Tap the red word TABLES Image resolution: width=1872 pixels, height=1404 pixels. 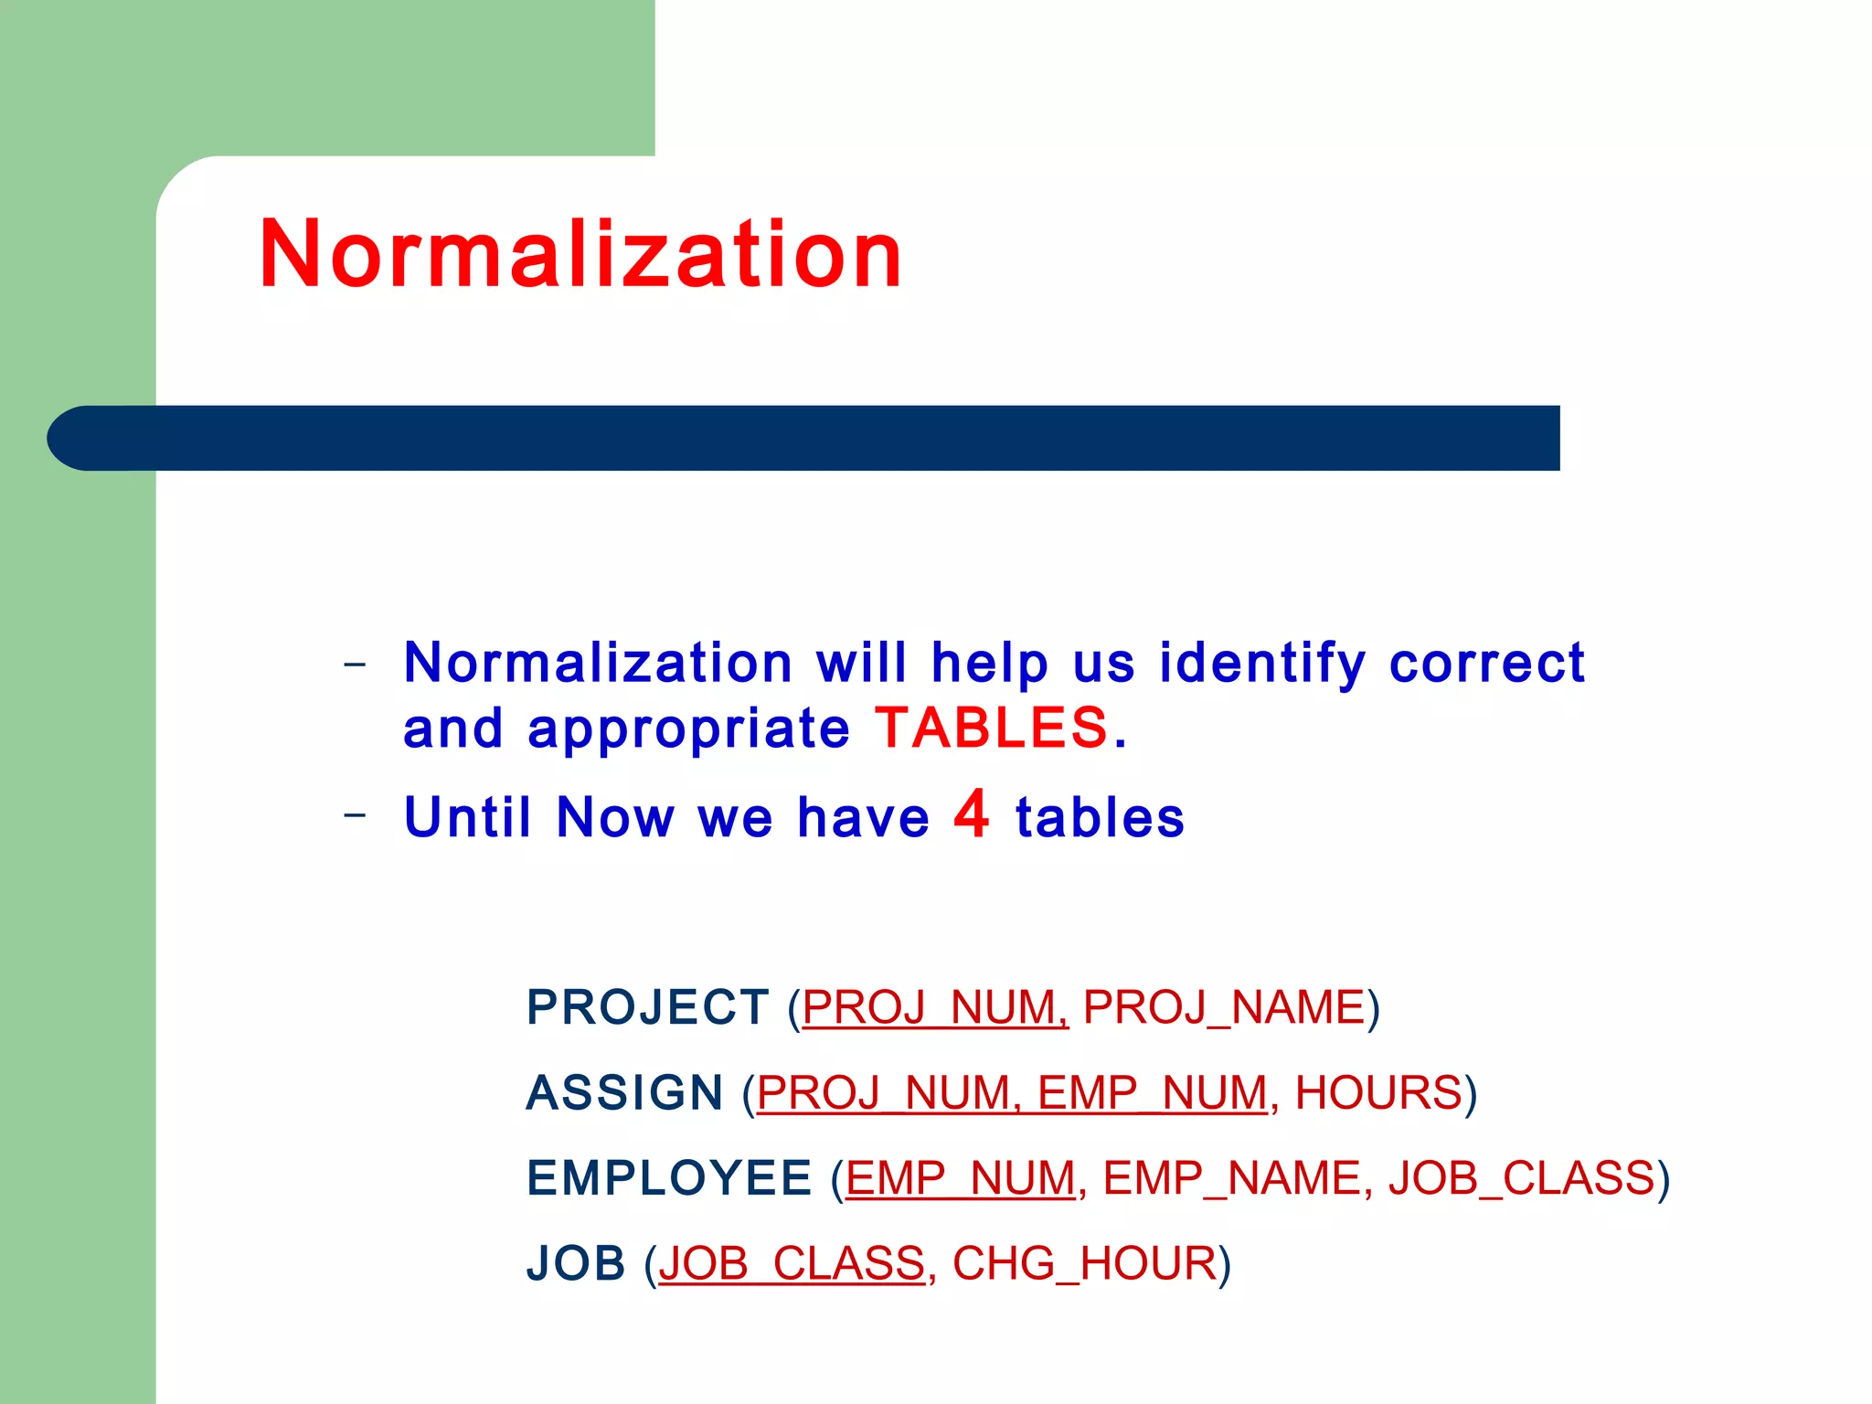pyautogui.click(x=992, y=729)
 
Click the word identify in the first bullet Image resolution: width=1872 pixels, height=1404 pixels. pyautogui.click(x=1262, y=663)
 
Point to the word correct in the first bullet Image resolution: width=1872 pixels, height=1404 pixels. pyautogui.click(x=1486, y=663)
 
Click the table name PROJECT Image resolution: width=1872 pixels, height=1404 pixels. pyautogui.click(x=647, y=1007)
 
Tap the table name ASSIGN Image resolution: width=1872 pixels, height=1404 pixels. pyautogui.click(x=624, y=1092)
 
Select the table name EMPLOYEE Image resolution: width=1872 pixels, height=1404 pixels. pyautogui.click(x=669, y=1177)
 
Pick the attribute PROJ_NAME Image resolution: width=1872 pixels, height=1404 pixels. pyautogui.click(x=1224, y=1007)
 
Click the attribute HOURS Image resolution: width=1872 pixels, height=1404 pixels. pyautogui.click(x=1378, y=1092)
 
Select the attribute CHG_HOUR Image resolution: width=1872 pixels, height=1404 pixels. pyautogui.click(x=1084, y=1263)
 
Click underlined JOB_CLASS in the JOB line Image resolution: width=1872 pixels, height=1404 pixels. pyautogui.click(x=792, y=1263)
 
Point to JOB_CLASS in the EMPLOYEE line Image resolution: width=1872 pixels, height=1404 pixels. pyautogui.click(x=1521, y=1177)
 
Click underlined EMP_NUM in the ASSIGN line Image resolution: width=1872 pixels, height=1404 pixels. pyautogui.click(x=1152, y=1092)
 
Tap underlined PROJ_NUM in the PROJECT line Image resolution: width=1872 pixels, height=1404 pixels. pyautogui.click(x=934, y=1007)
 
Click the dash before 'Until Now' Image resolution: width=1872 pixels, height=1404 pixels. pyautogui.click(x=355, y=813)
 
